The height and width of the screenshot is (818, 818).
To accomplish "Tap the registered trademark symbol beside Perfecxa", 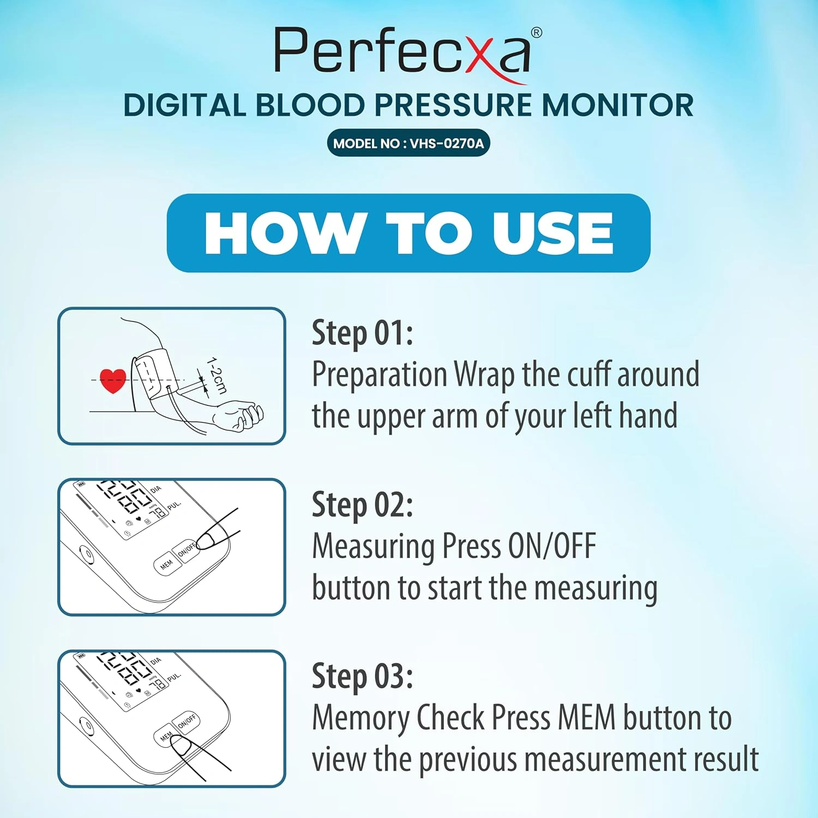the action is pyautogui.click(x=537, y=33).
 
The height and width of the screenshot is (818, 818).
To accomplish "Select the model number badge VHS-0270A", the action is pyautogui.click(x=408, y=144).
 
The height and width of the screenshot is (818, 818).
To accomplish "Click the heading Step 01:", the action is pyautogui.click(x=362, y=333).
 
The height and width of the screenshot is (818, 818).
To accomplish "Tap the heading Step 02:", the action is pyautogui.click(x=362, y=504).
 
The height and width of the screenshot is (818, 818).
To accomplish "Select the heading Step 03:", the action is pyautogui.click(x=362, y=676).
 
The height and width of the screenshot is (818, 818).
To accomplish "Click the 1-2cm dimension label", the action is pyautogui.click(x=216, y=376).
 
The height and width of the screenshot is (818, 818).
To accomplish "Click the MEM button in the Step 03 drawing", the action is pyautogui.click(x=166, y=737).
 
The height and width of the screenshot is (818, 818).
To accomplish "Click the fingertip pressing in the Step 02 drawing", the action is pyautogui.click(x=205, y=540).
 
